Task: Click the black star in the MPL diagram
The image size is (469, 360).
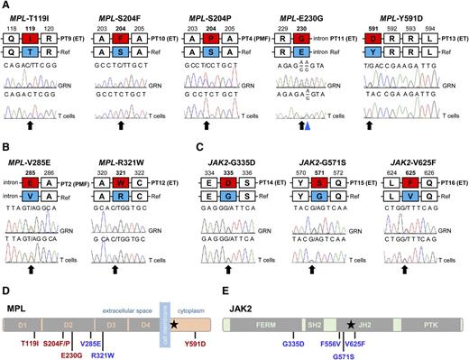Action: [x=173, y=297]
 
